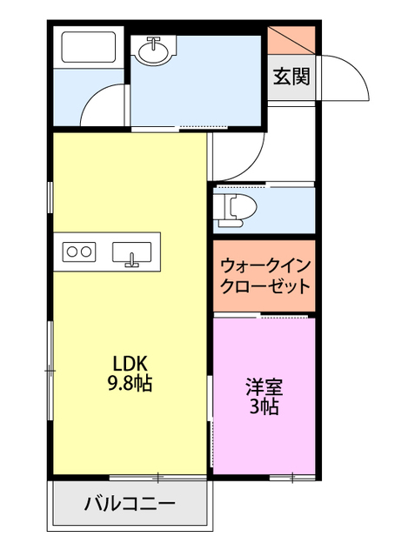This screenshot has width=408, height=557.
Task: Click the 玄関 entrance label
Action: [x=292, y=76]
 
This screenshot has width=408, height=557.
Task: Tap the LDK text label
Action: [x=128, y=363]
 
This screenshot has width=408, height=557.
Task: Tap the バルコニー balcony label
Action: [x=130, y=503]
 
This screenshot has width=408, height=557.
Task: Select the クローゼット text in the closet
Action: [x=264, y=285]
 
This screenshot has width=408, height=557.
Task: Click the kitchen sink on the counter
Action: [x=131, y=252]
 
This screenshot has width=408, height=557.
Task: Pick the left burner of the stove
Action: [x=71, y=252]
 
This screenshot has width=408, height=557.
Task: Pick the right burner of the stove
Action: [x=87, y=252]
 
